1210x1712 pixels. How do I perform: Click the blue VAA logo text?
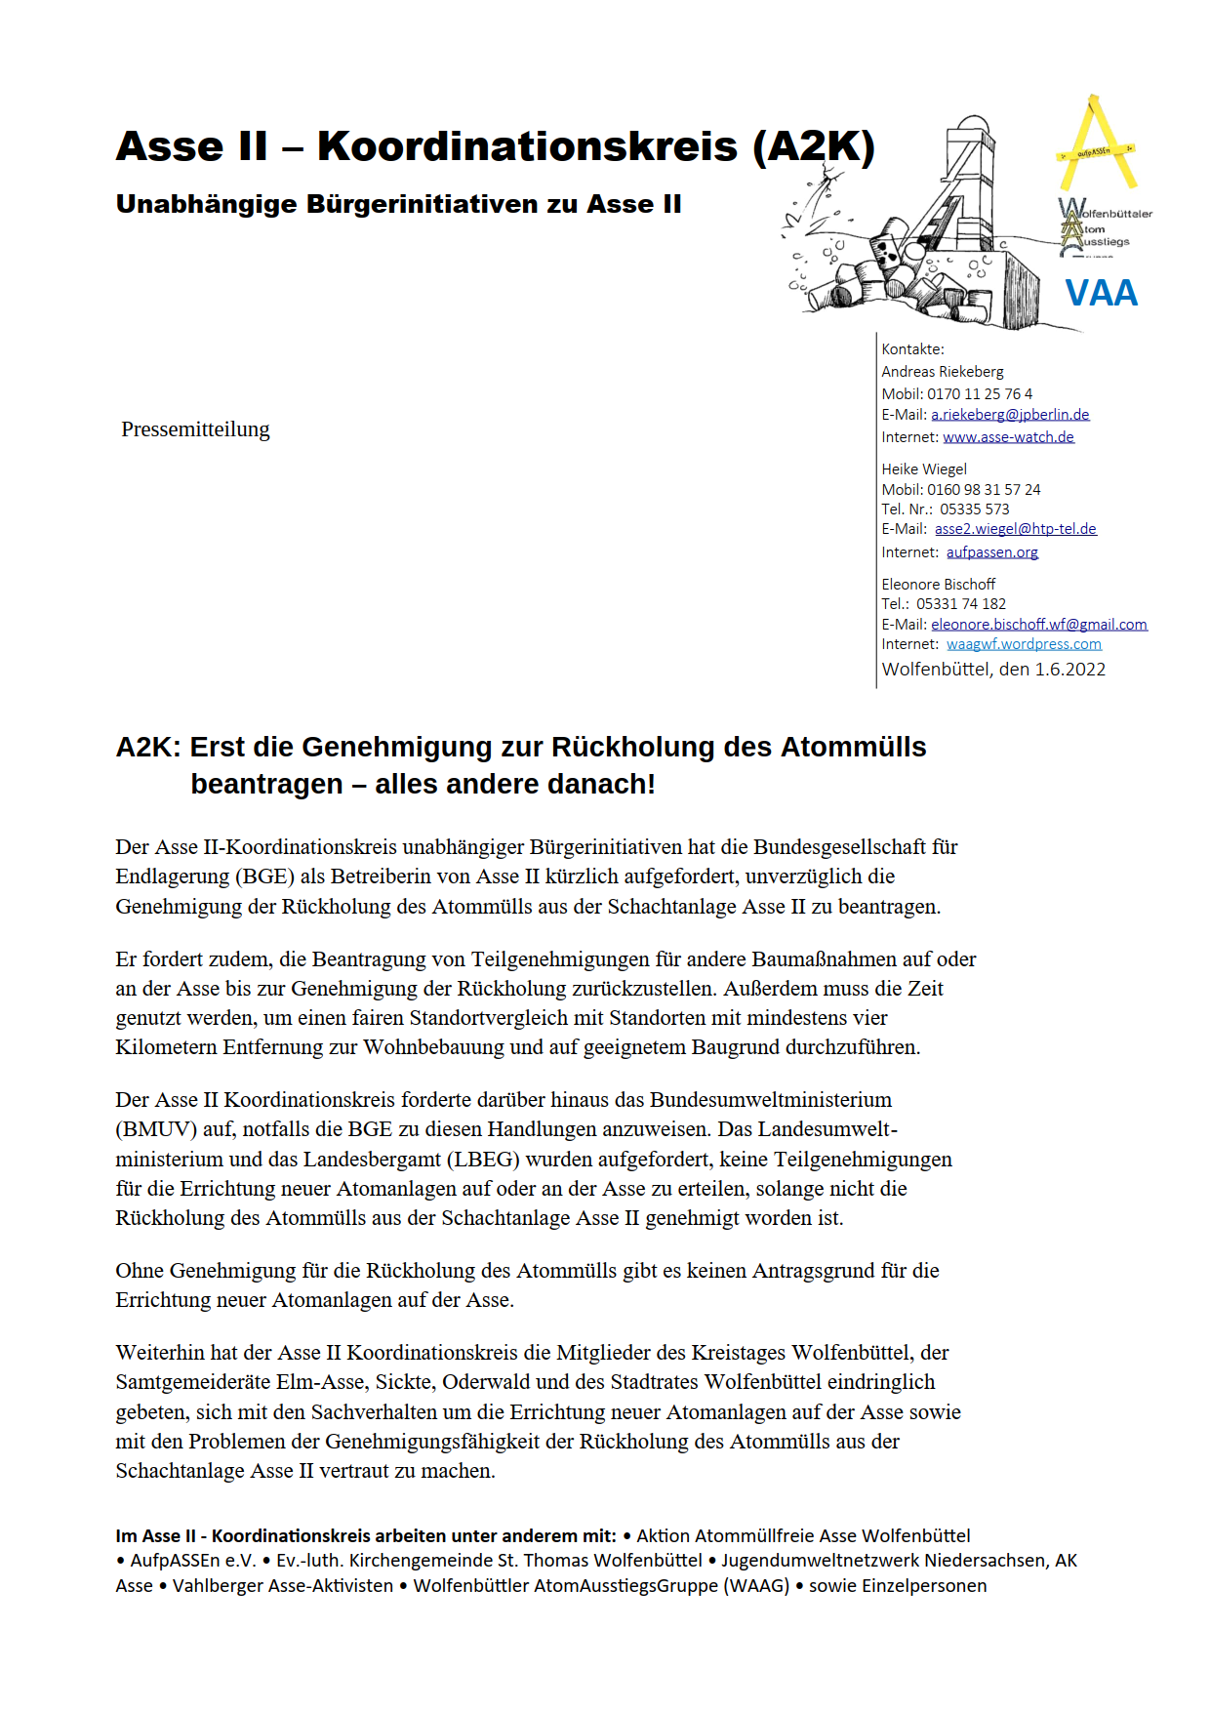tap(1101, 293)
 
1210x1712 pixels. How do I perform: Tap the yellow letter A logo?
tap(1097, 146)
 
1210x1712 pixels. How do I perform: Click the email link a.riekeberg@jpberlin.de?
tap(1010, 415)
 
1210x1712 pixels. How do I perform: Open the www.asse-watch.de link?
tap(1008, 437)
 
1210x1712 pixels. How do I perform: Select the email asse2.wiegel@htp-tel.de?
tap(1015, 529)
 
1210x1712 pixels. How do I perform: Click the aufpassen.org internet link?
tap(991, 552)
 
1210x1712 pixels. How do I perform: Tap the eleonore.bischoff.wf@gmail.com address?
tap(1038, 625)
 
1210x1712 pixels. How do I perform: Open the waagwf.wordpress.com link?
tap(1024, 644)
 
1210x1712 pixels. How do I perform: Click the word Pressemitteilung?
tap(195, 429)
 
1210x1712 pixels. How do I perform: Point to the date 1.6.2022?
tap(1069, 670)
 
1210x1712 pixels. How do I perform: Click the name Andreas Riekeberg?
tap(942, 372)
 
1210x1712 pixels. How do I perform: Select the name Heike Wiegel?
tap(924, 469)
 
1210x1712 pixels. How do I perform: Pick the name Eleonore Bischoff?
tap(938, 585)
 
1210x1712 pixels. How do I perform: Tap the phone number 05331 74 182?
tap(960, 604)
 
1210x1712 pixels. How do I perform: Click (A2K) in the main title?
tap(814, 146)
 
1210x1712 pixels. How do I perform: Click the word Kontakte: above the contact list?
tap(912, 349)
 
